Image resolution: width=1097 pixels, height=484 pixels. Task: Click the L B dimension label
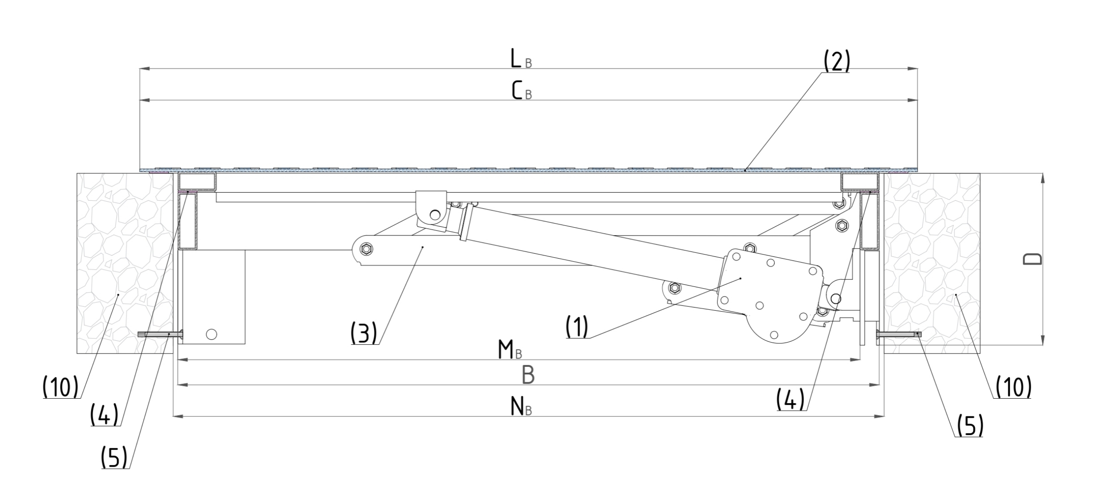pos(521,59)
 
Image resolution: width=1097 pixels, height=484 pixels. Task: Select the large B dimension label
pos(528,375)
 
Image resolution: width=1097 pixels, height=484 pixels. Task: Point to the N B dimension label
pos(521,407)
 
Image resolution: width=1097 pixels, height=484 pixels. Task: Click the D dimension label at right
pos(1032,259)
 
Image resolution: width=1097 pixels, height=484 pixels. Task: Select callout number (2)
pos(836,62)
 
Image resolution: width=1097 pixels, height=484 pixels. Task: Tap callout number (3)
pos(364,334)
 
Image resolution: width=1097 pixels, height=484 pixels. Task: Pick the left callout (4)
pos(104,415)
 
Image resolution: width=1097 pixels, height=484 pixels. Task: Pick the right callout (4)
pos(791,400)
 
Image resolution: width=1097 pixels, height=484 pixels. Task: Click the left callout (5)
pos(114,457)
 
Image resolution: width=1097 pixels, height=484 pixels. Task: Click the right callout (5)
pos(970,426)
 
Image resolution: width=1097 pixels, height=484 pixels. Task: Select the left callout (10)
pos(60,388)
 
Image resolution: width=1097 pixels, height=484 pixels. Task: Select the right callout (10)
pos(1013,388)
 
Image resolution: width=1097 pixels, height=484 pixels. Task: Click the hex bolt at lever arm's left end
pos(366,250)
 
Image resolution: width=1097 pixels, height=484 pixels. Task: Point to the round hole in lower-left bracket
pos(212,334)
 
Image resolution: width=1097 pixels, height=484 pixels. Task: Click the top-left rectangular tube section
pos(197,182)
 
